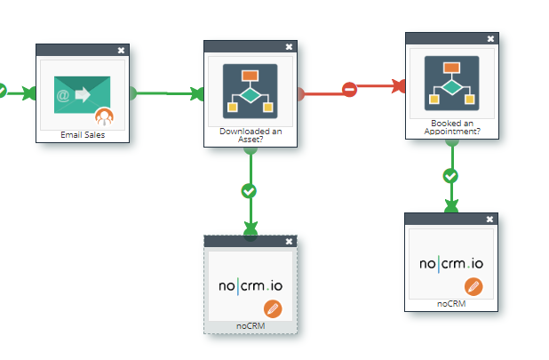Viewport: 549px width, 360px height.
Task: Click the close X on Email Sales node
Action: (122, 50)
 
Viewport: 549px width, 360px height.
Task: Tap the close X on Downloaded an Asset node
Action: (289, 46)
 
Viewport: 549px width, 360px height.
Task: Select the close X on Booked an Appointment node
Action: (490, 38)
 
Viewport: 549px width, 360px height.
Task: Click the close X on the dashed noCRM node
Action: (289, 241)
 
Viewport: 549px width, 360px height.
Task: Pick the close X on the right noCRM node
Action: (489, 219)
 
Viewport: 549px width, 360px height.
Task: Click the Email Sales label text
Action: (84, 136)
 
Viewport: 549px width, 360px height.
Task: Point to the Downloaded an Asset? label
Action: (250, 134)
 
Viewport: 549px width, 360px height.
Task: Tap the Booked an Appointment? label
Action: (452, 128)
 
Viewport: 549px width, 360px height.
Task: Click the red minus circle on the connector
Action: (350, 90)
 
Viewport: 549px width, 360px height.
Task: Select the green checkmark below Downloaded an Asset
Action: (250, 190)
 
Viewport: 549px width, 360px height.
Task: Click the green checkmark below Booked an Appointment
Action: (451, 176)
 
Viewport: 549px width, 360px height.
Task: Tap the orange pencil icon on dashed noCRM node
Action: (274, 308)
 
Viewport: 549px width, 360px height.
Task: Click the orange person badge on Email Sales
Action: (105, 116)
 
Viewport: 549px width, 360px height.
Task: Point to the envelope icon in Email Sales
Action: (78, 95)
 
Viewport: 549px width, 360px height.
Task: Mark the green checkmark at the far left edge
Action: (3, 90)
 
